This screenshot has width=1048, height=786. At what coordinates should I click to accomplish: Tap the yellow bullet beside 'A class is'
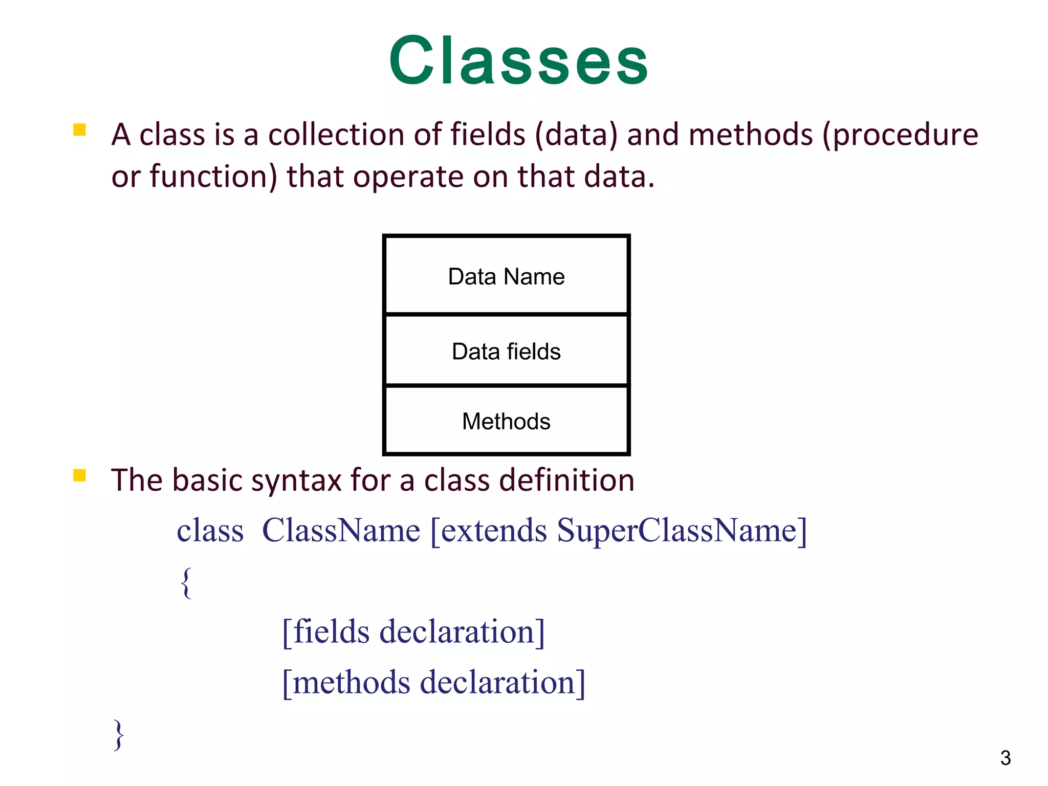point(79,129)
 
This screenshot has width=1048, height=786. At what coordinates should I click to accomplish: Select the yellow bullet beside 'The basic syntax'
point(79,475)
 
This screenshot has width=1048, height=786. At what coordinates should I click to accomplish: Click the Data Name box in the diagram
point(506,276)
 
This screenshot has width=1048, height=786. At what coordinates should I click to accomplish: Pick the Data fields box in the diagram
point(506,351)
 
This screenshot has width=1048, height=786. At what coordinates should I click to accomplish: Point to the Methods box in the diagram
point(506,421)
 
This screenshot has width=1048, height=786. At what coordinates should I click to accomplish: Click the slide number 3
point(1005,758)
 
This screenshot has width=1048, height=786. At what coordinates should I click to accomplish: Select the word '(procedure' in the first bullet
point(900,135)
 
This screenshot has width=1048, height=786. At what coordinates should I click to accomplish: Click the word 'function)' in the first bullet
point(213,177)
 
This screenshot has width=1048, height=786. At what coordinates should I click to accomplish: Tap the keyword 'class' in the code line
point(210,531)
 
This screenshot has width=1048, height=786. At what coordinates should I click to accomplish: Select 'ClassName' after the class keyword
point(341,531)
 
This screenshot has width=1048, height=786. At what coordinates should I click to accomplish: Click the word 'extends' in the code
point(494,531)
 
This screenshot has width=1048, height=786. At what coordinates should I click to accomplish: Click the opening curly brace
point(186,582)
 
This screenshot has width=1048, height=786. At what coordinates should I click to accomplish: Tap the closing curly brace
point(119,734)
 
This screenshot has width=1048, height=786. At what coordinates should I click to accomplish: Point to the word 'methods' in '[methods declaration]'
point(352,683)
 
